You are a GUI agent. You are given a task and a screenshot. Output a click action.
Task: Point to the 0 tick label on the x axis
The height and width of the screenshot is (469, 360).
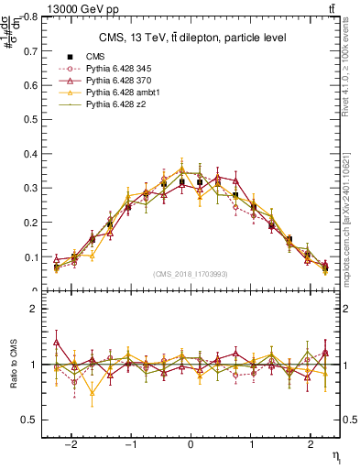tap(191, 444)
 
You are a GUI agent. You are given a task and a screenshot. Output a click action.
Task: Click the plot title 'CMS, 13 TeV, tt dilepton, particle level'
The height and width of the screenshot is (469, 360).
tap(191, 38)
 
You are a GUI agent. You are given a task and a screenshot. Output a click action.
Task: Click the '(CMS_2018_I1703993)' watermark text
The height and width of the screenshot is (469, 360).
tap(191, 274)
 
